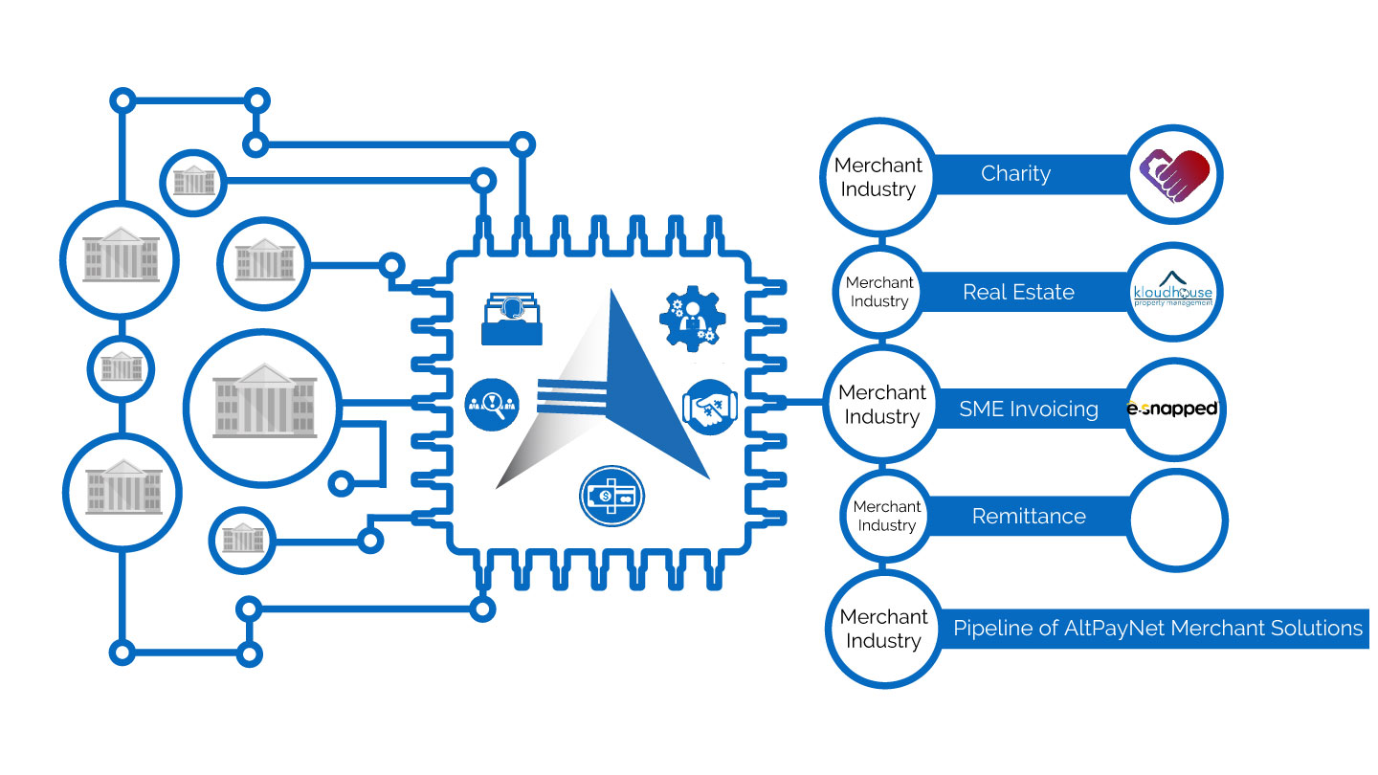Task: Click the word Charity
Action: (x=1015, y=174)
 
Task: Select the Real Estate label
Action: (x=1018, y=293)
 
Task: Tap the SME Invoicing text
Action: (x=1029, y=410)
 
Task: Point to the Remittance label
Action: (x=1029, y=517)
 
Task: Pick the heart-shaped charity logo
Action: (x=1174, y=174)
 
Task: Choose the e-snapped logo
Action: (x=1172, y=410)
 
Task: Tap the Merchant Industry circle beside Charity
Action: (x=877, y=176)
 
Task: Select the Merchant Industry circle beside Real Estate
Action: (x=877, y=292)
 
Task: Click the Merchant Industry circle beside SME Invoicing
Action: (x=881, y=405)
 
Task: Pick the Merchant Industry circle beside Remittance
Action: (x=886, y=516)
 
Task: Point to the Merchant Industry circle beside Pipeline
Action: (x=882, y=629)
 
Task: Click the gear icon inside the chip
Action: (x=693, y=317)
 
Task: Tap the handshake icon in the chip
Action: (x=710, y=405)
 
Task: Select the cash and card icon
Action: (x=611, y=497)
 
